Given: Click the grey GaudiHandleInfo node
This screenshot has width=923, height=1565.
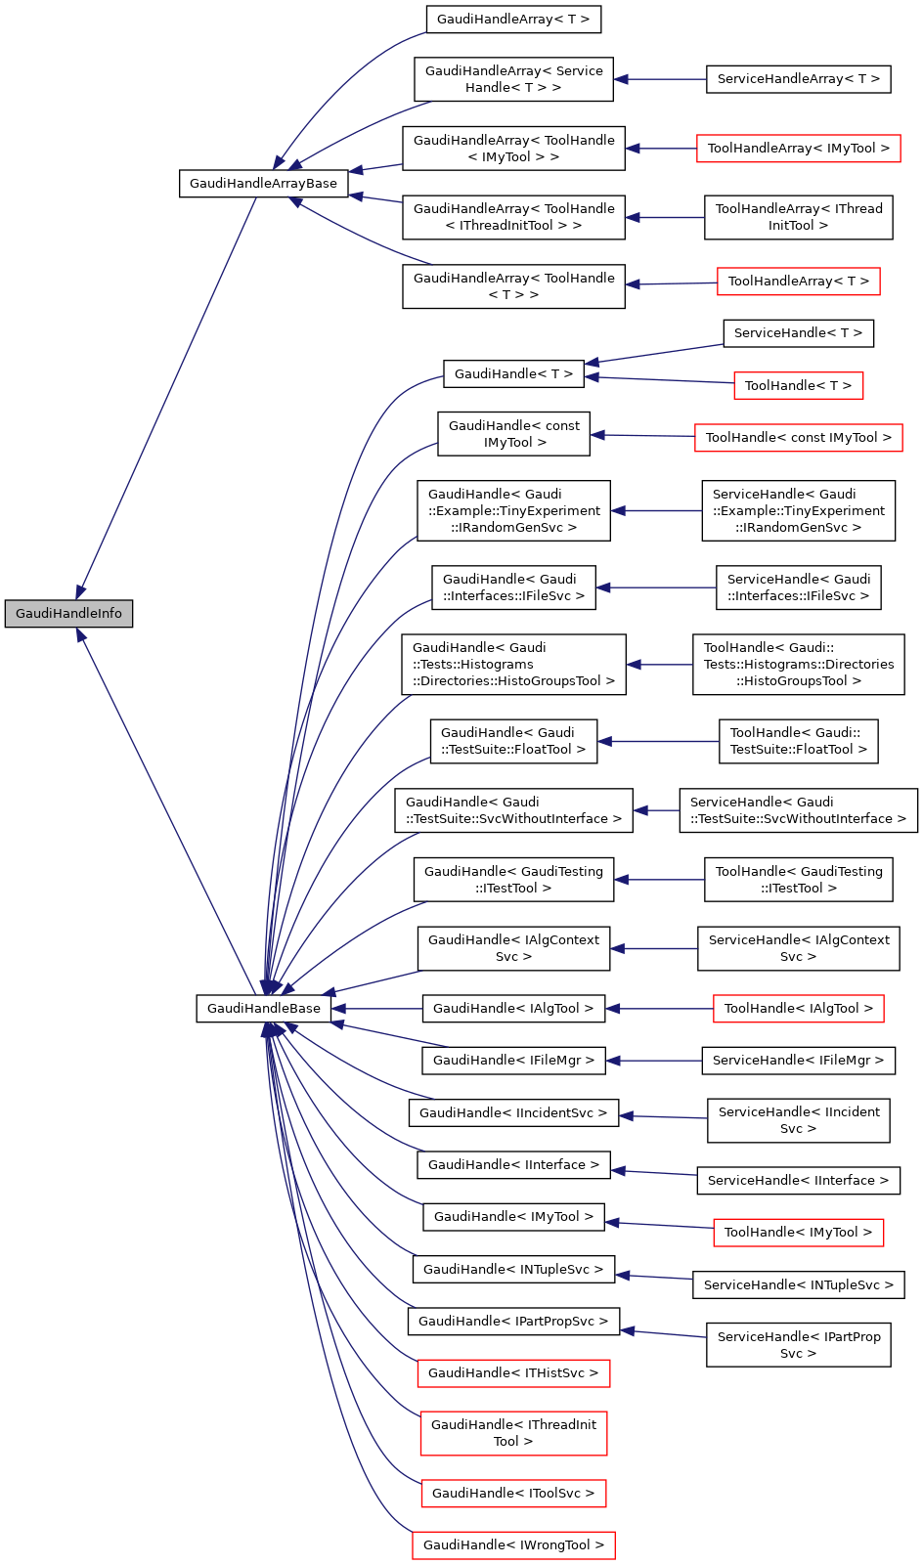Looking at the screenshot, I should (x=68, y=614).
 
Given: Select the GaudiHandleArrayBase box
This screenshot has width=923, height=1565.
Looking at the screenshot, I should (x=263, y=184).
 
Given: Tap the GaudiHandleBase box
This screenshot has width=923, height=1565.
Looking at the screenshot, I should (x=263, y=1009).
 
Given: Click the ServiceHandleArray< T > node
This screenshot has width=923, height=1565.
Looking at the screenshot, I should (x=798, y=79).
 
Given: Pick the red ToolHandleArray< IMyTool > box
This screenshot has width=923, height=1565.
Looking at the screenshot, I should (x=798, y=149).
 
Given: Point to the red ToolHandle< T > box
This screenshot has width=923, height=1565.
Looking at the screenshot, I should (x=798, y=386).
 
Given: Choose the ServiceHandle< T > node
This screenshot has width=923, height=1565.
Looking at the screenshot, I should (x=798, y=333).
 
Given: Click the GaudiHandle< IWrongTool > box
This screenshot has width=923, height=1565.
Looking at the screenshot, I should (x=513, y=1545).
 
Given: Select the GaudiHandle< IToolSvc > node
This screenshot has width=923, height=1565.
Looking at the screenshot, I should (x=513, y=1494).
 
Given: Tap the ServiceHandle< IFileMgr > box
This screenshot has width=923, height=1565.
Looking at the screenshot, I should (x=798, y=1061).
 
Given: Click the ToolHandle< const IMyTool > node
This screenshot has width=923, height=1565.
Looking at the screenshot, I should (x=798, y=438).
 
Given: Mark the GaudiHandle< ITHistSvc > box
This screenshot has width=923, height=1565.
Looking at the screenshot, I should (x=513, y=1373).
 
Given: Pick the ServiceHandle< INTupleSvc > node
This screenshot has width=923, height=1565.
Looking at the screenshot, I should (x=798, y=1285).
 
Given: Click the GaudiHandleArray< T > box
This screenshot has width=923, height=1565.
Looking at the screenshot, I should (x=513, y=20).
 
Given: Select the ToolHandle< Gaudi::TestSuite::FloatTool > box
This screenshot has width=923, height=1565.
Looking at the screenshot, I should (x=798, y=741).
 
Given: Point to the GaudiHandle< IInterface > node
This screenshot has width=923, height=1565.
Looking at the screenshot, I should (x=513, y=1165).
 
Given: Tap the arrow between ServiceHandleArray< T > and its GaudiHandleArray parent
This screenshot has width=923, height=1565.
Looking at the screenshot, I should (x=660, y=79).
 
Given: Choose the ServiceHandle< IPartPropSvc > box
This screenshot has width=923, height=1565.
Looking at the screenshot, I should (x=798, y=1345).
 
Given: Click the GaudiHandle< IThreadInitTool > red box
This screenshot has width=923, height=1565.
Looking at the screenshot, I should (x=513, y=1433).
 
